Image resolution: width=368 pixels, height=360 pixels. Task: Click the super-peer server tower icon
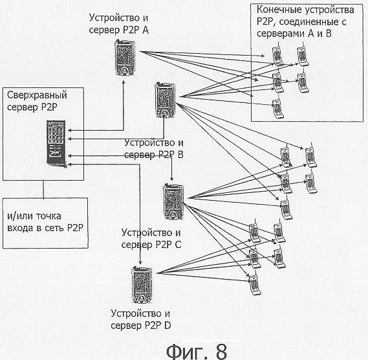click(x=56, y=143)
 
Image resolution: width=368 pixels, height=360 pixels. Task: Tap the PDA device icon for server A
click(x=125, y=58)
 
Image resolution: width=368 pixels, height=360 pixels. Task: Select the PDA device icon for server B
click(x=165, y=100)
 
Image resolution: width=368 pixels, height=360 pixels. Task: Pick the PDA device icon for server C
click(x=173, y=201)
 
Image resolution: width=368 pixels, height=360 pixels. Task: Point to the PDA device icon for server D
click(x=142, y=286)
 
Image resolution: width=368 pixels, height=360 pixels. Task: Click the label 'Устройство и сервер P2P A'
click(x=119, y=24)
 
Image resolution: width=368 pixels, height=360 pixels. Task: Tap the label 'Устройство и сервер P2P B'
click(x=154, y=148)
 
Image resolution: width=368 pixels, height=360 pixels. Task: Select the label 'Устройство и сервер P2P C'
click(x=151, y=239)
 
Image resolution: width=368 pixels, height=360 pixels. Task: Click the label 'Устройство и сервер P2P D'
click(x=141, y=320)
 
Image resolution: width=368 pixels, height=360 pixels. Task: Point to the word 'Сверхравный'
click(x=37, y=95)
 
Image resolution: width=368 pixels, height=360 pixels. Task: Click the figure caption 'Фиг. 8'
click(x=197, y=351)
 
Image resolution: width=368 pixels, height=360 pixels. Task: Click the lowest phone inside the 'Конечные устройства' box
click(x=277, y=107)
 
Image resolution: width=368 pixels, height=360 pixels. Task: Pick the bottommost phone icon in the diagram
click(x=255, y=283)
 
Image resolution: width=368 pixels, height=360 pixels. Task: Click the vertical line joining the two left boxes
click(x=43, y=189)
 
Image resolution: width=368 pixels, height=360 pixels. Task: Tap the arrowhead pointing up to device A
click(x=124, y=82)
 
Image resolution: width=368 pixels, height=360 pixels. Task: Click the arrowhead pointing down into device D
click(x=140, y=262)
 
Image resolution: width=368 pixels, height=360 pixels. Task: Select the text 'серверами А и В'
click(x=294, y=34)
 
